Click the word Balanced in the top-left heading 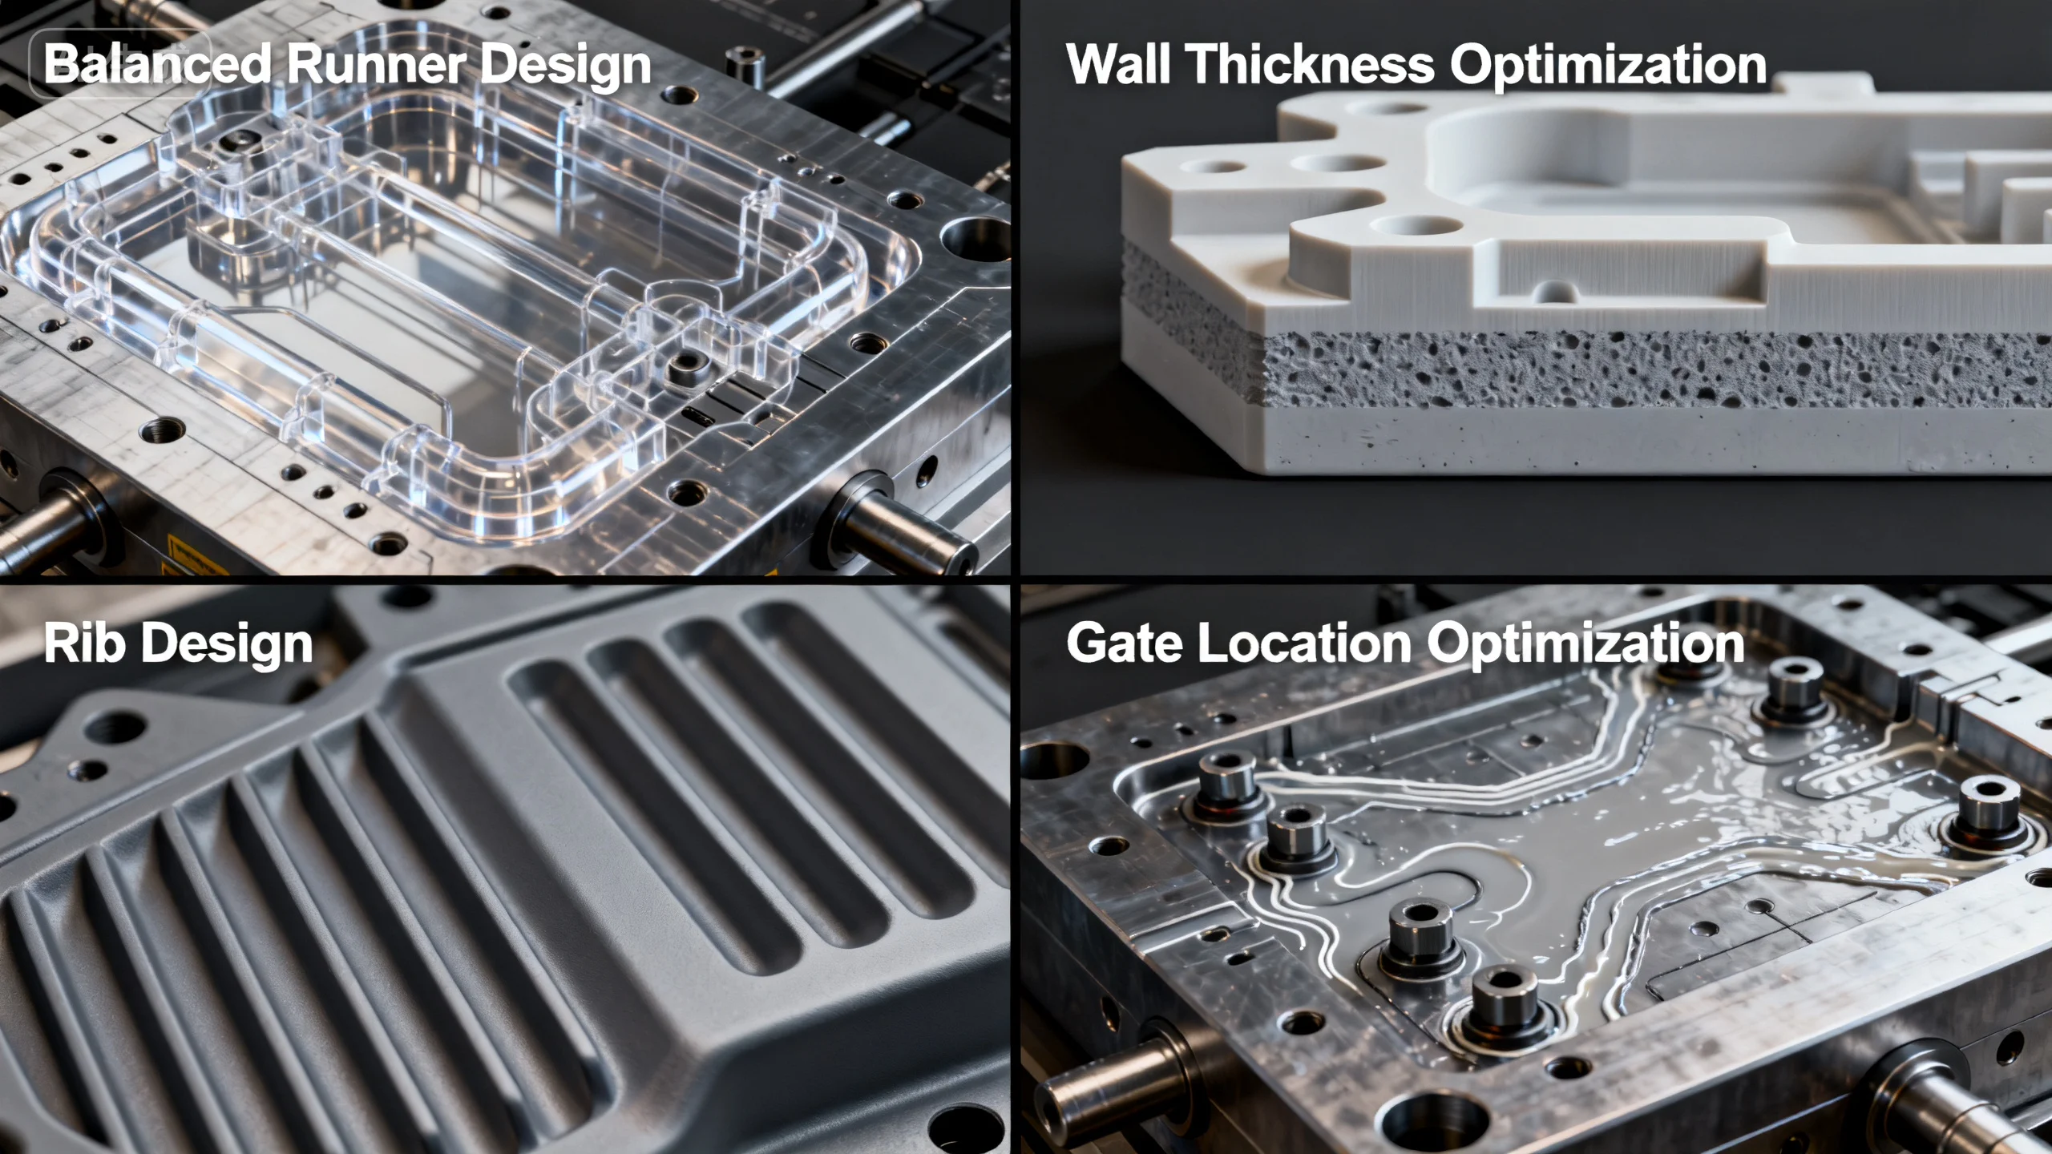tap(157, 64)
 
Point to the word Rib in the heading tap(83, 644)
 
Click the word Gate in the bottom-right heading tap(1124, 644)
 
